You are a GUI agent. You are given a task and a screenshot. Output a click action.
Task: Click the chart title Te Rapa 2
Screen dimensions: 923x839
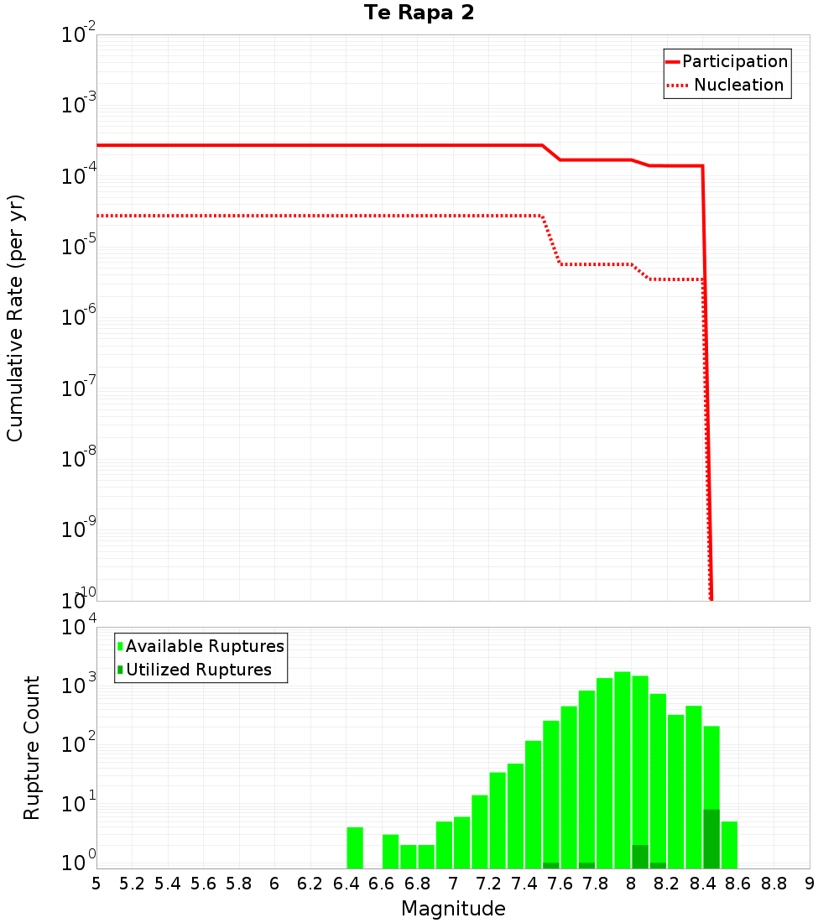pos(419,13)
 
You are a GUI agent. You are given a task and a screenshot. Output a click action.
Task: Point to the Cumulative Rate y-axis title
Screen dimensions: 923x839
pos(15,317)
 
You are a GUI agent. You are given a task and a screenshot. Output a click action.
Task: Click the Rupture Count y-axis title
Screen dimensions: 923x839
pos(32,748)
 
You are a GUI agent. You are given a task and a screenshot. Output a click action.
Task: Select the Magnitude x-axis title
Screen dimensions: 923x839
pos(453,909)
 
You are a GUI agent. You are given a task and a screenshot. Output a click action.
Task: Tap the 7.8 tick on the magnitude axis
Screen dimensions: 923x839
pos(596,884)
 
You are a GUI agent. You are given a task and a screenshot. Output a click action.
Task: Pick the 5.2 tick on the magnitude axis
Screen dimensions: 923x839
pos(132,884)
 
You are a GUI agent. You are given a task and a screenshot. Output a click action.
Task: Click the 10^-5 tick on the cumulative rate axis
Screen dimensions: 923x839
pos(78,248)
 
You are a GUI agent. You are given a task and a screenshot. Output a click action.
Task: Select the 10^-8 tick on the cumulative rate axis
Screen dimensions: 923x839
pos(78,459)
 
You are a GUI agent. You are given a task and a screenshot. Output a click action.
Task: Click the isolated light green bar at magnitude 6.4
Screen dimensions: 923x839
pos(355,847)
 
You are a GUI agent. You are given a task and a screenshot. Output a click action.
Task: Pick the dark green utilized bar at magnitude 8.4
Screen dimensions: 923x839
pos(711,839)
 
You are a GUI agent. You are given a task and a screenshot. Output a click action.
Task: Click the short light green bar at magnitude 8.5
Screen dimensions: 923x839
pos(729,845)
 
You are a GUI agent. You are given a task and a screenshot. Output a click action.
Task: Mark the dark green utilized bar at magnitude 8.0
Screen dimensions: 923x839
pos(640,857)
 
